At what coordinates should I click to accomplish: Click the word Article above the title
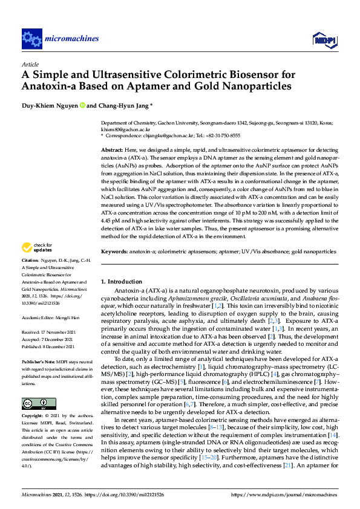click(x=30, y=63)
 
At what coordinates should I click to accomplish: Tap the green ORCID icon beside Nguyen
click(x=82, y=105)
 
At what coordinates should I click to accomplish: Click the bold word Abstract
click(x=112, y=149)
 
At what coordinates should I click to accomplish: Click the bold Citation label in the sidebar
click(x=31, y=276)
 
